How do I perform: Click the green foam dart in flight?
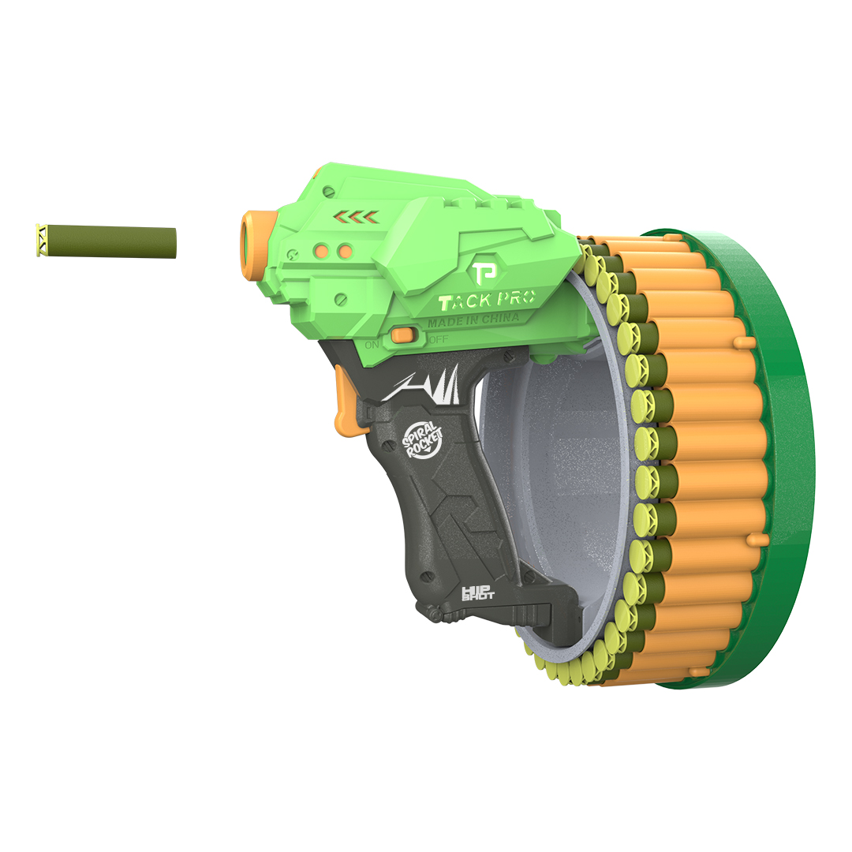pos(106,241)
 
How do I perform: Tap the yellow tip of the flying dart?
pos(41,240)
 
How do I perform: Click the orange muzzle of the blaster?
pos(253,245)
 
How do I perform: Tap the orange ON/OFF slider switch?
pos(404,335)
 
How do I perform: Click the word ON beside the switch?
pos(372,345)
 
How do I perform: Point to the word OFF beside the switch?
pos(438,339)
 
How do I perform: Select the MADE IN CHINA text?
pos(473,319)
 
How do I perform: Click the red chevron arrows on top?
pos(355,218)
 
